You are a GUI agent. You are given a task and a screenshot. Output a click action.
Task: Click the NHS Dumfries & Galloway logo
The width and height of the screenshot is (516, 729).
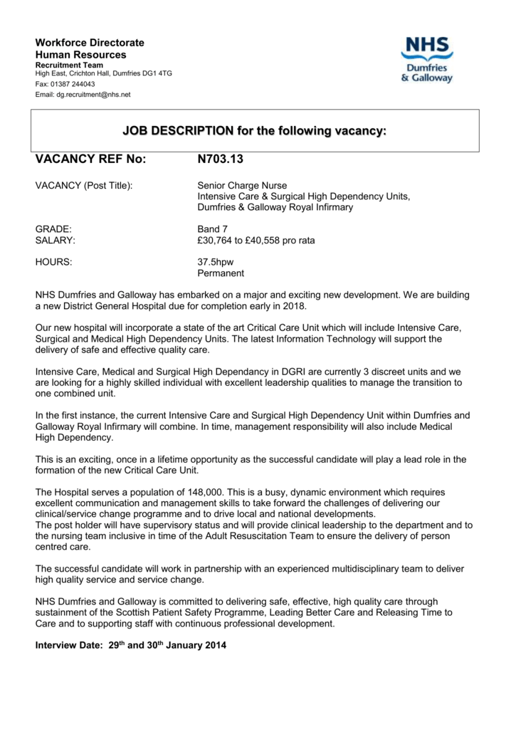click(x=426, y=61)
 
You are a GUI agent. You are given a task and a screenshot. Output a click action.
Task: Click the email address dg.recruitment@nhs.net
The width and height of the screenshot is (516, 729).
click(x=93, y=95)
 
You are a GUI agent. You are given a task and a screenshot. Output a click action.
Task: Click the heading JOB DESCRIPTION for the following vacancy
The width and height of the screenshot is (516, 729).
click(x=254, y=131)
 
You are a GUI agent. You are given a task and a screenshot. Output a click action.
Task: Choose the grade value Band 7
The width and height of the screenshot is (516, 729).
click(x=212, y=229)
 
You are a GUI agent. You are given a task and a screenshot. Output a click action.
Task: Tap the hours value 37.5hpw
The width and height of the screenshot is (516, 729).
click(x=215, y=262)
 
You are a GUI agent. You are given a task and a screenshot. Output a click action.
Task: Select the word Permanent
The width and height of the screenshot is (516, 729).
click(x=221, y=273)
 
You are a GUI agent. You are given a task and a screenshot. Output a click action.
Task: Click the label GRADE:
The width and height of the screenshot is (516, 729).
click(x=54, y=229)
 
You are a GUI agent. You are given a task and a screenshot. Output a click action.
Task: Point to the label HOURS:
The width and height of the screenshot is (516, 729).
click(x=54, y=262)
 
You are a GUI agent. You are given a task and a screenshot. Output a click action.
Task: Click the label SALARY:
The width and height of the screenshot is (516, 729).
click(x=56, y=241)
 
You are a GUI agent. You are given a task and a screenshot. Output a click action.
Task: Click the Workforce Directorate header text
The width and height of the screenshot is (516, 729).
click(x=90, y=43)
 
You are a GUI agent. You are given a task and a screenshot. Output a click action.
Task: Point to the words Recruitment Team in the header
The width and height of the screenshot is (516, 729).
click(x=69, y=65)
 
